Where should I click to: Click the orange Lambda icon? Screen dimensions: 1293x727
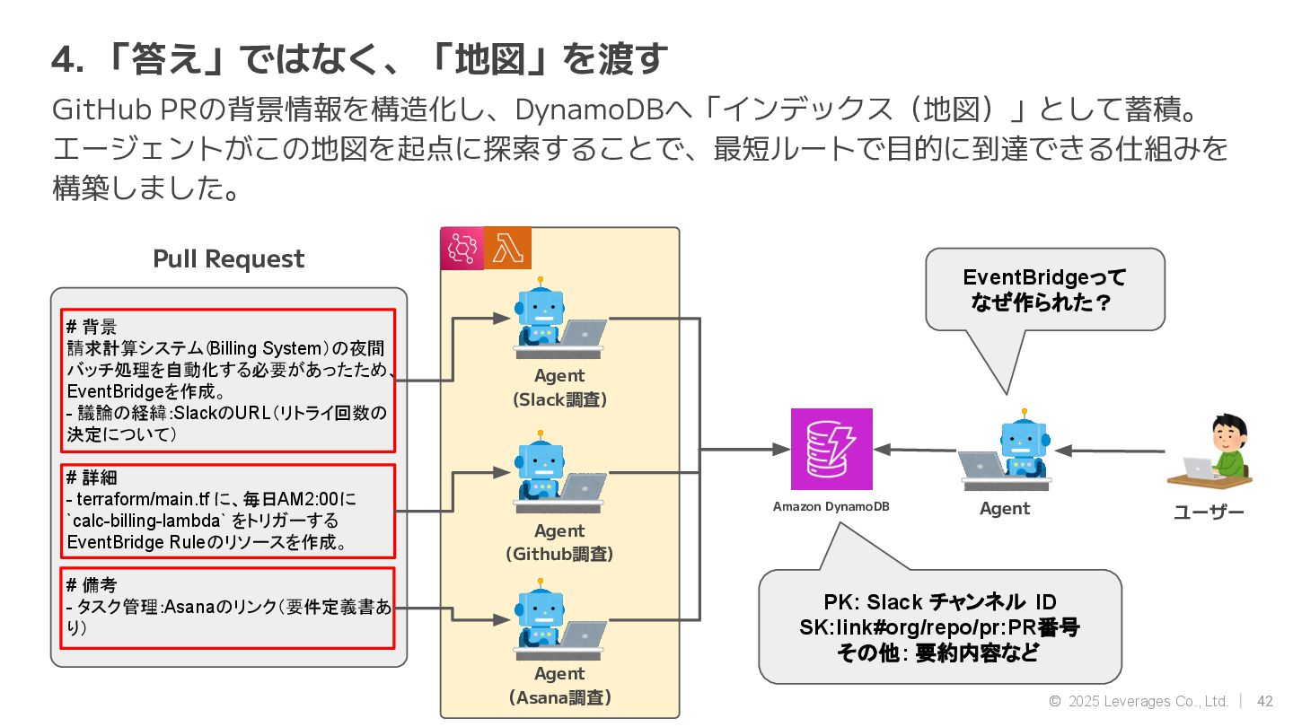pos(508,248)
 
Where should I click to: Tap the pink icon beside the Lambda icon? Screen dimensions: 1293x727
pos(462,248)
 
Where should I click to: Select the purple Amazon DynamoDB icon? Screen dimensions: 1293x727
pos(831,449)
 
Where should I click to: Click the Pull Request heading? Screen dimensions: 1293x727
pos(229,259)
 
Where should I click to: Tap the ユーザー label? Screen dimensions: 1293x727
pos(1209,512)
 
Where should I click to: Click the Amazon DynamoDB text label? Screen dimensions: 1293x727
pos(831,506)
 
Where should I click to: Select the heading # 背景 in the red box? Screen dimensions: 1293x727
pos(92,327)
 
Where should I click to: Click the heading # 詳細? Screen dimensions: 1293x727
pos(92,477)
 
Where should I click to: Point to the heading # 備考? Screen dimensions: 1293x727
pos(92,585)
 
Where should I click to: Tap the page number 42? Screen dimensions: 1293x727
pos(1264,701)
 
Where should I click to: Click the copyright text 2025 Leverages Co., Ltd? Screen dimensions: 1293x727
pos(1148,702)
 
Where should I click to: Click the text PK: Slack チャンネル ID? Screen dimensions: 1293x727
pos(940,601)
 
